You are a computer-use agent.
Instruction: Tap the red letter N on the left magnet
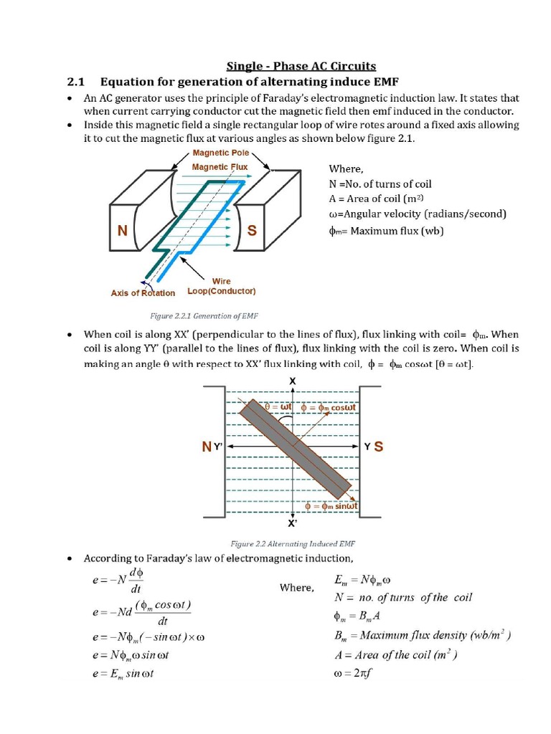click(x=123, y=231)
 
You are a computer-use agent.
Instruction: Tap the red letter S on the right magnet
click(x=253, y=231)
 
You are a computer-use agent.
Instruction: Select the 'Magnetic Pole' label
click(x=220, y=153)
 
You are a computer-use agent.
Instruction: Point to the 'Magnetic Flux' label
click(x=220, y=167)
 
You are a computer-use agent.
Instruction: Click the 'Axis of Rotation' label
click(x=143, y=292)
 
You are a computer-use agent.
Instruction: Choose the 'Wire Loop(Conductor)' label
click(x=221, y=287)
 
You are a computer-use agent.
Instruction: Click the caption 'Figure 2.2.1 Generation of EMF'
click(x=204, y=315)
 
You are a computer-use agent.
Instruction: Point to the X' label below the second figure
click(x=293, y=523)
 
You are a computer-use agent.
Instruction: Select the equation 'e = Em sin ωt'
click(x=123, y=674)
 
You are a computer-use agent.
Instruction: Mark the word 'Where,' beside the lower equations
click(x=296, y=588)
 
